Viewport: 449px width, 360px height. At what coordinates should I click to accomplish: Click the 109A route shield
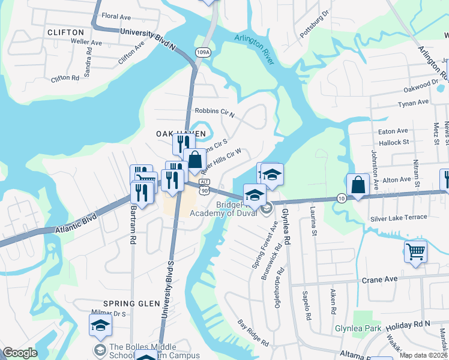203,53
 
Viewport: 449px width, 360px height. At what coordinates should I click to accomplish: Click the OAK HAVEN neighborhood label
181,133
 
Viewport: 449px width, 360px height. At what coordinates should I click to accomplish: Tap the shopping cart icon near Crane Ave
415,251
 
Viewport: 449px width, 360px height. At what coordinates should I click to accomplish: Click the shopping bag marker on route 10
358,185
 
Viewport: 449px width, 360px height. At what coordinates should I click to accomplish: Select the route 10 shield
341,199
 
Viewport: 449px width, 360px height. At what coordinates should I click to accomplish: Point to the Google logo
20,352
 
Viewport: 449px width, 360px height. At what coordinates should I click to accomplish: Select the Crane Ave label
379,280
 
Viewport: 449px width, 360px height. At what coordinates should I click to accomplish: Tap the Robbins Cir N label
214,112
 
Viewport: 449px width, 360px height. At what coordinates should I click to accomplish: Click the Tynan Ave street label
414,103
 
